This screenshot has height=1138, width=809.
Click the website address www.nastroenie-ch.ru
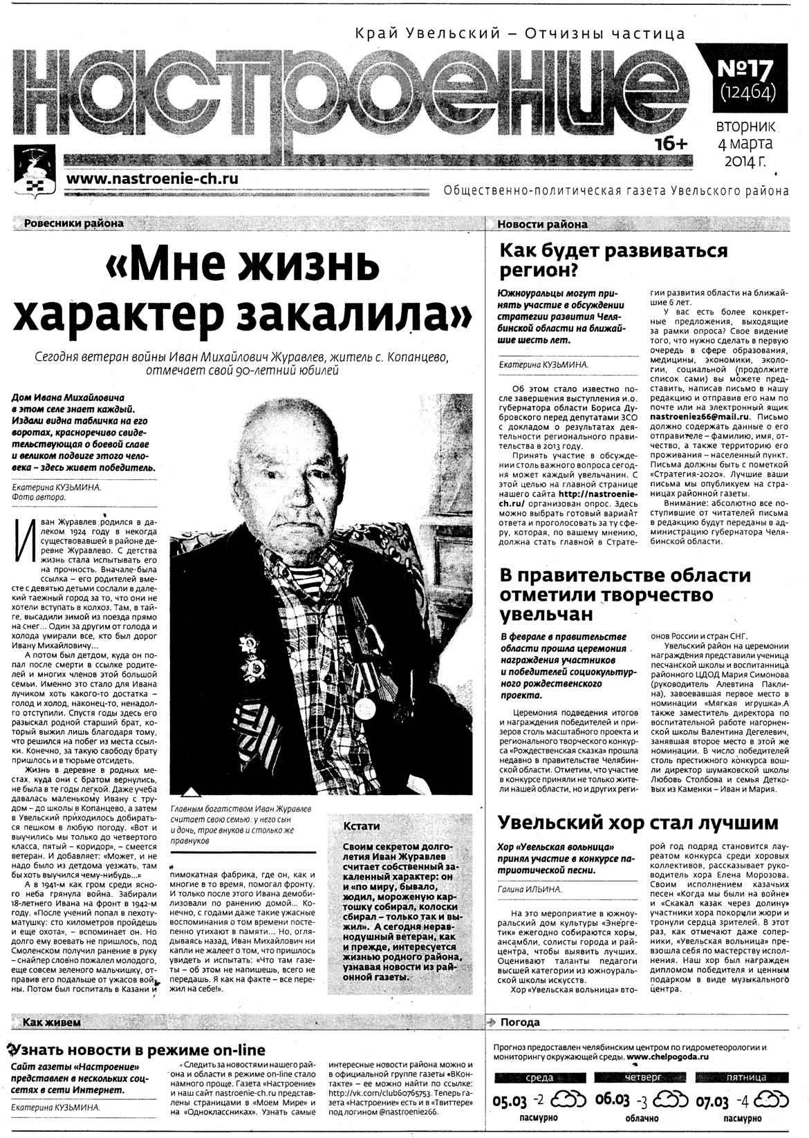pos(153,178)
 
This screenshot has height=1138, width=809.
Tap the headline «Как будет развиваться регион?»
pos(613,259)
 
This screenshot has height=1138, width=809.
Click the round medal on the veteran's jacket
pos(364,707)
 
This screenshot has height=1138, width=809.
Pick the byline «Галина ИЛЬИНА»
pos(529,889)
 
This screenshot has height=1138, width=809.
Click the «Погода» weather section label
pos(519,1022)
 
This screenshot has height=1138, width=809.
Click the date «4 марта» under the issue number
pos(745,144)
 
